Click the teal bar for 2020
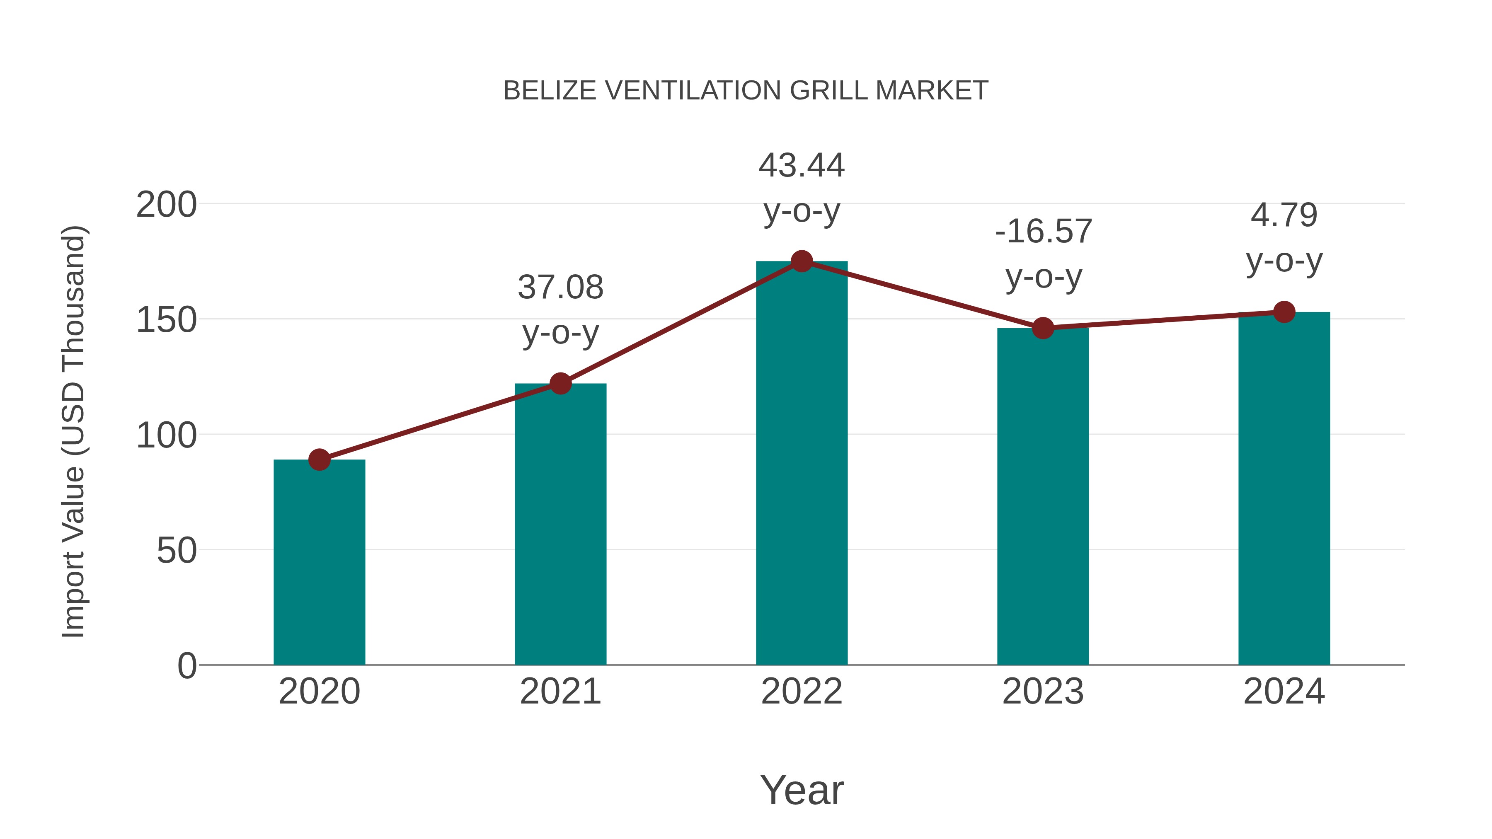pos(319,562)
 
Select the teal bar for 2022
pos(802,463)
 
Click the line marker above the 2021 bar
pos(560,383)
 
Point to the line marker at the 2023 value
pos(1043,328)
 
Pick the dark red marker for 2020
pos(319,460)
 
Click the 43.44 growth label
pos(802,166)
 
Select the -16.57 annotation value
pos(1043,232)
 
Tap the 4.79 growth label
pos(1284,215)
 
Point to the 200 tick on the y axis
pos(166,205)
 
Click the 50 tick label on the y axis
pos(177,551)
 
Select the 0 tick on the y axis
pos(187,666)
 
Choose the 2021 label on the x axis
pos(560,692)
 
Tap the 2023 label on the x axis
pos(1043,692)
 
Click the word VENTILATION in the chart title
pos(693,91)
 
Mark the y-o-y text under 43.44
pos(802,211)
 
